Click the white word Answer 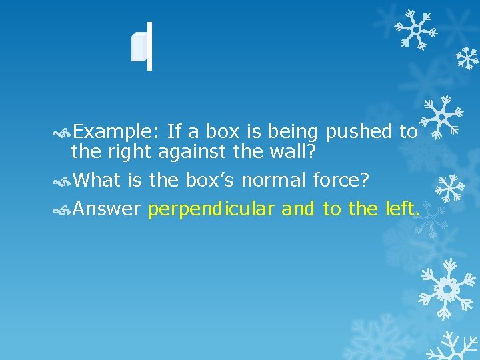[x=106, y=209]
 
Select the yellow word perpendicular [x=211, y=210]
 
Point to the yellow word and [x=298, y=209]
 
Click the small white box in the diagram [x=139, y=48]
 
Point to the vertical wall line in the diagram [x=149, y=46]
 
